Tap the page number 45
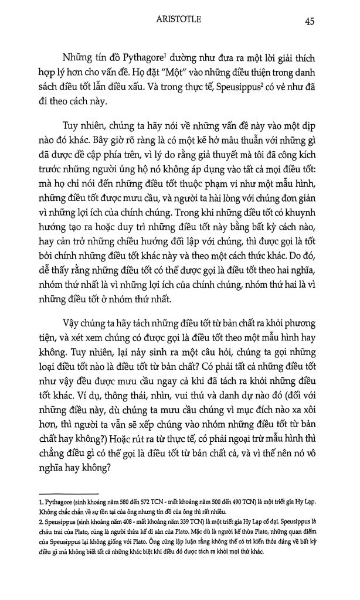[311, 21]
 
